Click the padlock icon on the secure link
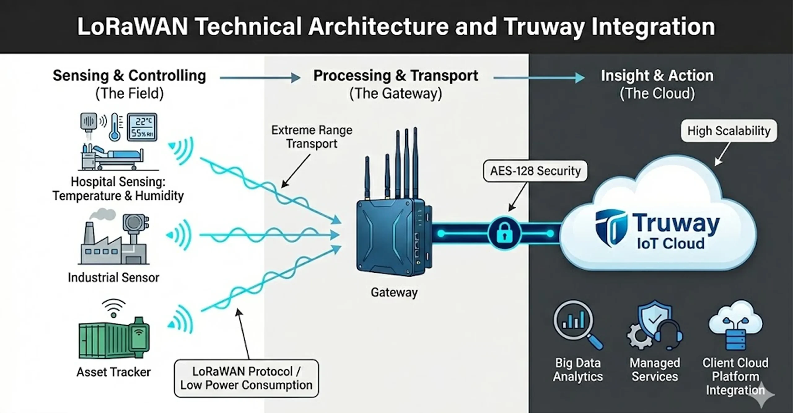coord(504,233)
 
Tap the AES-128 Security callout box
coord(535,171)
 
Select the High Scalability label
coord(729,131)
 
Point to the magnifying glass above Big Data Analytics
coord(577,324)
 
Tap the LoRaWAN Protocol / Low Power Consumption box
coord(246,378)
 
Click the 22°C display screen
coord(142,127)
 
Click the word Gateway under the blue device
coord(394,292)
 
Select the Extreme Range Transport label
coord(312,137)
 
